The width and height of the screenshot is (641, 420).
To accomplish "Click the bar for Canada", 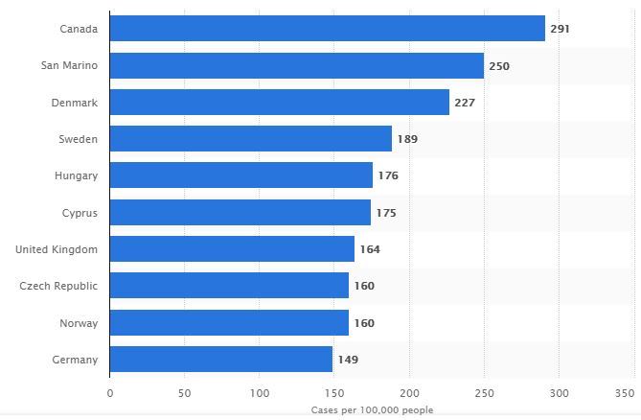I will click(328, 29).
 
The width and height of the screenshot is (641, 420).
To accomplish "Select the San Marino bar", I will click(297, 66).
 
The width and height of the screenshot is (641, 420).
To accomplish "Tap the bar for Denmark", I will click(280, 103).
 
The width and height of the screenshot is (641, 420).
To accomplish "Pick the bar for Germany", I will click(221, 360).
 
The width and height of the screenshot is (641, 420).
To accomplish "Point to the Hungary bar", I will click(241, 175).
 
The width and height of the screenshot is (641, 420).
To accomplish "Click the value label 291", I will click(560, 29).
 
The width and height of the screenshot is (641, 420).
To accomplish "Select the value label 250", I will click(499, 66).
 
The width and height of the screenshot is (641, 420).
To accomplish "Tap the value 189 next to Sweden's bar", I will click(407, 139).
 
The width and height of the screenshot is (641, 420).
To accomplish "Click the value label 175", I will click(386, 213).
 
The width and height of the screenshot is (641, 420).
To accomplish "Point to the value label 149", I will click(348, 360).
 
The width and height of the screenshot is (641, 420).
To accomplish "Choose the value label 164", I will click(370, 249).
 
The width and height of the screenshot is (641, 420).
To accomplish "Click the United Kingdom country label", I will click(57, 249).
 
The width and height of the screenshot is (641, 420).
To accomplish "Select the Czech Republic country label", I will click(58, 286).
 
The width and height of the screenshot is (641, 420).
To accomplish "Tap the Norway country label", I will click(79, 323).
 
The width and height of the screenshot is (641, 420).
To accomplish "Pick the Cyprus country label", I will click(80, 213).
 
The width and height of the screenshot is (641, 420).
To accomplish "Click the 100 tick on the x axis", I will click(260, 393).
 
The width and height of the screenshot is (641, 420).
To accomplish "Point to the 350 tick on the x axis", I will click(625, 393).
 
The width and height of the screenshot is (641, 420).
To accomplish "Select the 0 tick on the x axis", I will click(110, 393).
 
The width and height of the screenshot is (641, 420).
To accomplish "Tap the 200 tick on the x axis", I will click(409, 393).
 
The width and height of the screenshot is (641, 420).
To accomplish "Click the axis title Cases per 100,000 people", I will click(372, 409).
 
